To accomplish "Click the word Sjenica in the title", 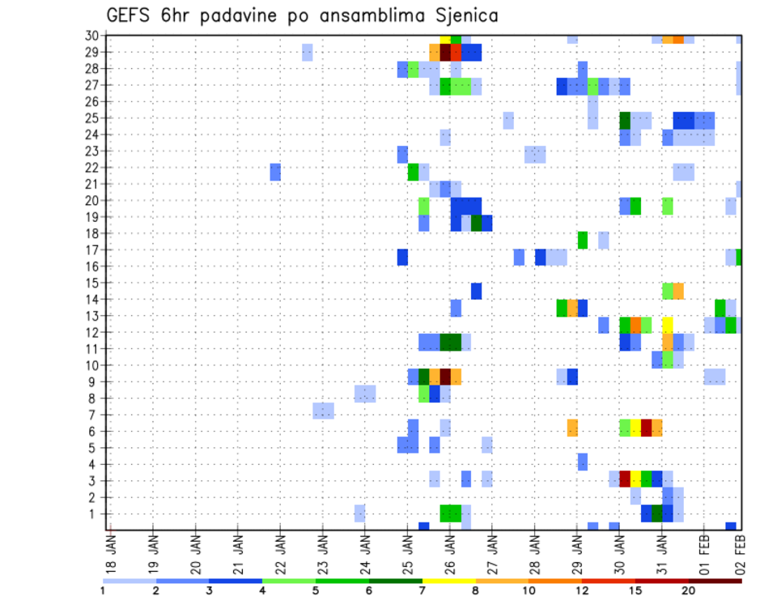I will pyautogui.click(x=465, y=15).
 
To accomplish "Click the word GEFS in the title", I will pyautogui.click(x=130, y=15).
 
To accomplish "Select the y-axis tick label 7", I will pyautogui.click(x=95, y=415).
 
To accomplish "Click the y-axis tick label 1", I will pyautogui.click(x=95, y=514).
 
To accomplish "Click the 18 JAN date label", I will pyautogui.click(x=111, y=551).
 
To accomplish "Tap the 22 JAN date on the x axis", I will pyautogui.click(x=280, y=551).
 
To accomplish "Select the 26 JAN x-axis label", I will pyautogui.click(x=449, y=551).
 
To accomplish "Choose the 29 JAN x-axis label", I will pyautogui.click(x=576, y=551).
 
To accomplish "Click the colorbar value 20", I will pyautogui.click(x=689, y=590).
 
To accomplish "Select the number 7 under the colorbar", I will pyautogui.click(x=422, y=590).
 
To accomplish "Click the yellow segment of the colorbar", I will pyautogui.click(x=448, y=581).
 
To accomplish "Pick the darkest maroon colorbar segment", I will pyautogui.click(x=715, y=581).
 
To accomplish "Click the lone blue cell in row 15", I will pyautogui.click(x=476, y=291).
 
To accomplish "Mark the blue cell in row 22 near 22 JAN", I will pyautogui.click(x=275, y=172).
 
